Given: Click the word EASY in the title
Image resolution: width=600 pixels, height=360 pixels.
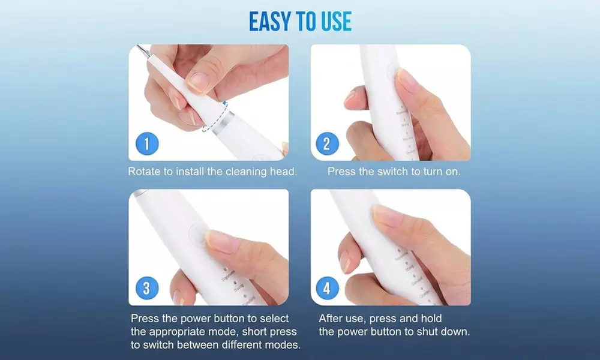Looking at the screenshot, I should click(270, 22).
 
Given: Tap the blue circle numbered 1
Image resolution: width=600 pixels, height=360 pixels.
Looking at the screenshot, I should click(146, 144).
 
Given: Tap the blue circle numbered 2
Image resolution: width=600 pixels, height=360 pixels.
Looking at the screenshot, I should click(327, 144).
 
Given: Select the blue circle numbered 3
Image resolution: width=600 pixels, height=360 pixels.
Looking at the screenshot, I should click(146, 289).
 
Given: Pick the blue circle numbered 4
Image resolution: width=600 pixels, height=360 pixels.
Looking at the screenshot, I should click(327, 289).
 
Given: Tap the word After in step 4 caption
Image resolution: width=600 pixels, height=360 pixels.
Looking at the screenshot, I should click(331, 318).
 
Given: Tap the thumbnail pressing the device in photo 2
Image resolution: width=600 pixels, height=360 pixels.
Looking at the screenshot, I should click(409, 80).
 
